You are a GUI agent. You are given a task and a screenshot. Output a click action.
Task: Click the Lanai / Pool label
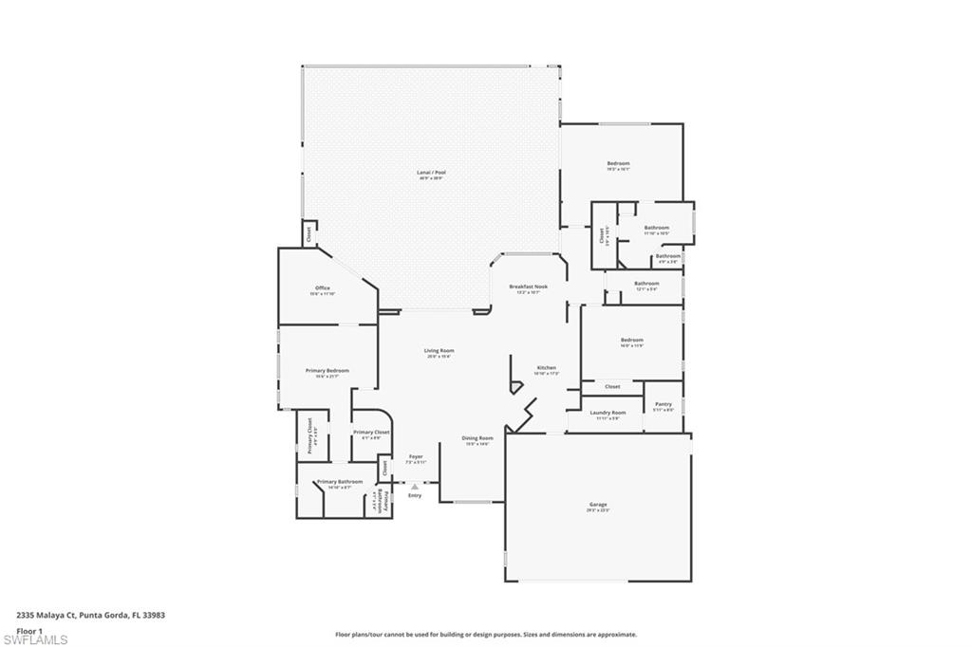pyautogui.click(x=432, y=174)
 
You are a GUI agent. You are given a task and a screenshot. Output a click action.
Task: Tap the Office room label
pyautogui.click(x=323, y=288)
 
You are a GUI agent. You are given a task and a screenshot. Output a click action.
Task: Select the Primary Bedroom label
pyautogui.click(x=327, y=371)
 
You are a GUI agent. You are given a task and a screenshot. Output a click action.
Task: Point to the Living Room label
pyautogui.click(x=439, y=351)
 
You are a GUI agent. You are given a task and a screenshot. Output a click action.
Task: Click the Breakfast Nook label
pyautogui.click(x=528, y=287)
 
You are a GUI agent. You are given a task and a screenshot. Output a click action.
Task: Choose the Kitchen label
pyautogui.click(x=547, y=368)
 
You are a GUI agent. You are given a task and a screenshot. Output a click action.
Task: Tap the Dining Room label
pyautogui.click(x=477, y=438)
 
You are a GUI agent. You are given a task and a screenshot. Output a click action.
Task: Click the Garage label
pyautogui.click(x=598, y=505)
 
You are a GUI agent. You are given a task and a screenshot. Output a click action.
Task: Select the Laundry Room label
pyautogui.click(x=607, y=413)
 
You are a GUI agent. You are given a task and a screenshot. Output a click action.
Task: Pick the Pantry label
pyautogui.click(x=664, y=404)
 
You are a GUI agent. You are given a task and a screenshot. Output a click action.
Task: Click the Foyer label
pyautogui.click(x=416, y=456)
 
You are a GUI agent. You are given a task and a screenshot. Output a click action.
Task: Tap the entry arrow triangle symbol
pyautogui.click(x=415, y=487)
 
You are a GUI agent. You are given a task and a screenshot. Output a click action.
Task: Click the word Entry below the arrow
pyautogui.click(x=415, y=495)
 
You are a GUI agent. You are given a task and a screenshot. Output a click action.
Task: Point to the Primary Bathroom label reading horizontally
pyautogui.click(x=339, y=482)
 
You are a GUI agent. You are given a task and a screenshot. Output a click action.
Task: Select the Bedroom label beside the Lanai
pyautogui.click(x=618, y=164)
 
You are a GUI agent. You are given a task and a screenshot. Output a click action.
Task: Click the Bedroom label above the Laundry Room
pyautogui.click(x=631, y=341)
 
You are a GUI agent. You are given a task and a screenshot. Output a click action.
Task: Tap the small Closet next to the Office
pyautogui.click(x=308, y=233)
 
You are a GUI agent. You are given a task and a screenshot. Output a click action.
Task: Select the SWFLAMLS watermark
pyautogui.click(x=36, y=638)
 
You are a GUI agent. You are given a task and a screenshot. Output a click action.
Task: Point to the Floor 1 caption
pyautogui.click(x=28, y=629)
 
